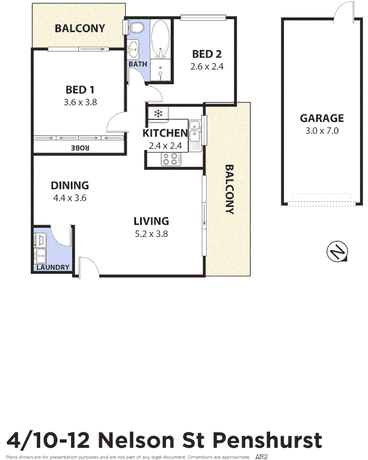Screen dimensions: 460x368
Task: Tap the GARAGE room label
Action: click(322, 118)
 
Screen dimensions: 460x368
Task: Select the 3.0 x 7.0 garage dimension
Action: click(322, 130)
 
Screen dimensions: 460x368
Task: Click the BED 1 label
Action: click(80, 90)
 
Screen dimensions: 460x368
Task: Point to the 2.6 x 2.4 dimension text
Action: click(207, 67)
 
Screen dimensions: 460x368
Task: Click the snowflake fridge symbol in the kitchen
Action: click(157, 114)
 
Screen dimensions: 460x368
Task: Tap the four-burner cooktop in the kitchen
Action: click(170, 159)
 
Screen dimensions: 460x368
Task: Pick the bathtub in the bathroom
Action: click(160, 39)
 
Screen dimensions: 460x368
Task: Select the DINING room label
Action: click(70, 185)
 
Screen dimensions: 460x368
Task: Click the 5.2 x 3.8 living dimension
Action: click(151, 234)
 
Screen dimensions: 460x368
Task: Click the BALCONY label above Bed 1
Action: click(80, 28)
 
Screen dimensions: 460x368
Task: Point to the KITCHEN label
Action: click(164, 133)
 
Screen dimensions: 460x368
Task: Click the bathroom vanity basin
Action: click(133, 48)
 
